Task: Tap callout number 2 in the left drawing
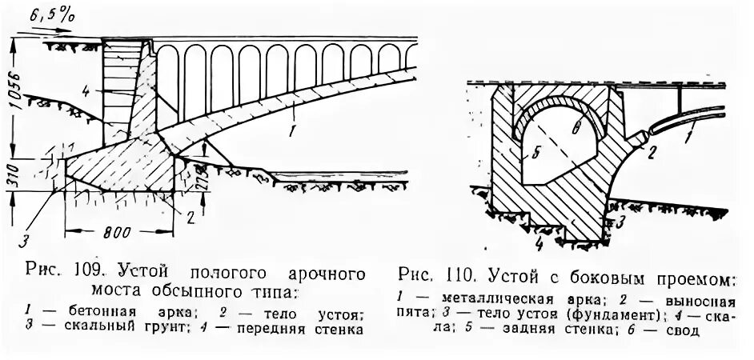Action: click(191, 215)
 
